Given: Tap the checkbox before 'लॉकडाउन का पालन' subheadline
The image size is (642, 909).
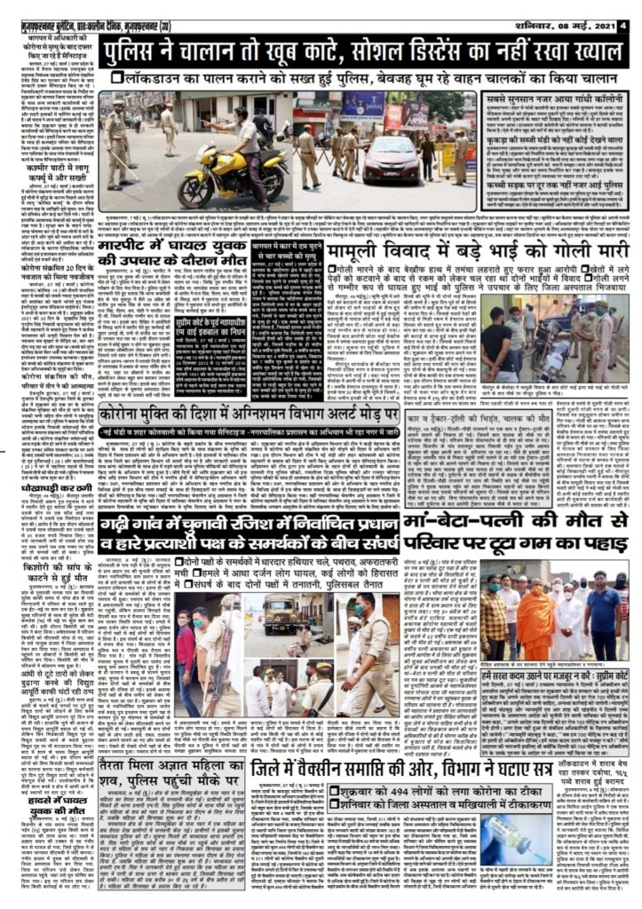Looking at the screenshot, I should coord(118,78).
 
